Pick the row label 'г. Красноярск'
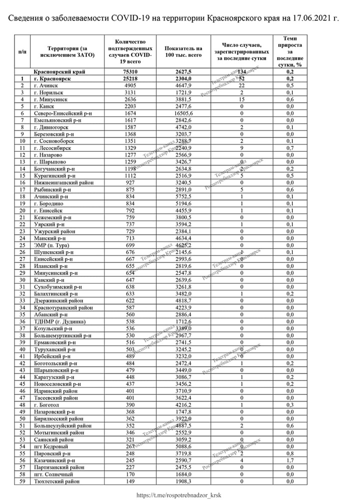pos(51,79)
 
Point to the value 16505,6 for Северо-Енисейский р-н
pos(180,114)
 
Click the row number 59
pos(22,480)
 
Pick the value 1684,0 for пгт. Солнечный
pos(180,473)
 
